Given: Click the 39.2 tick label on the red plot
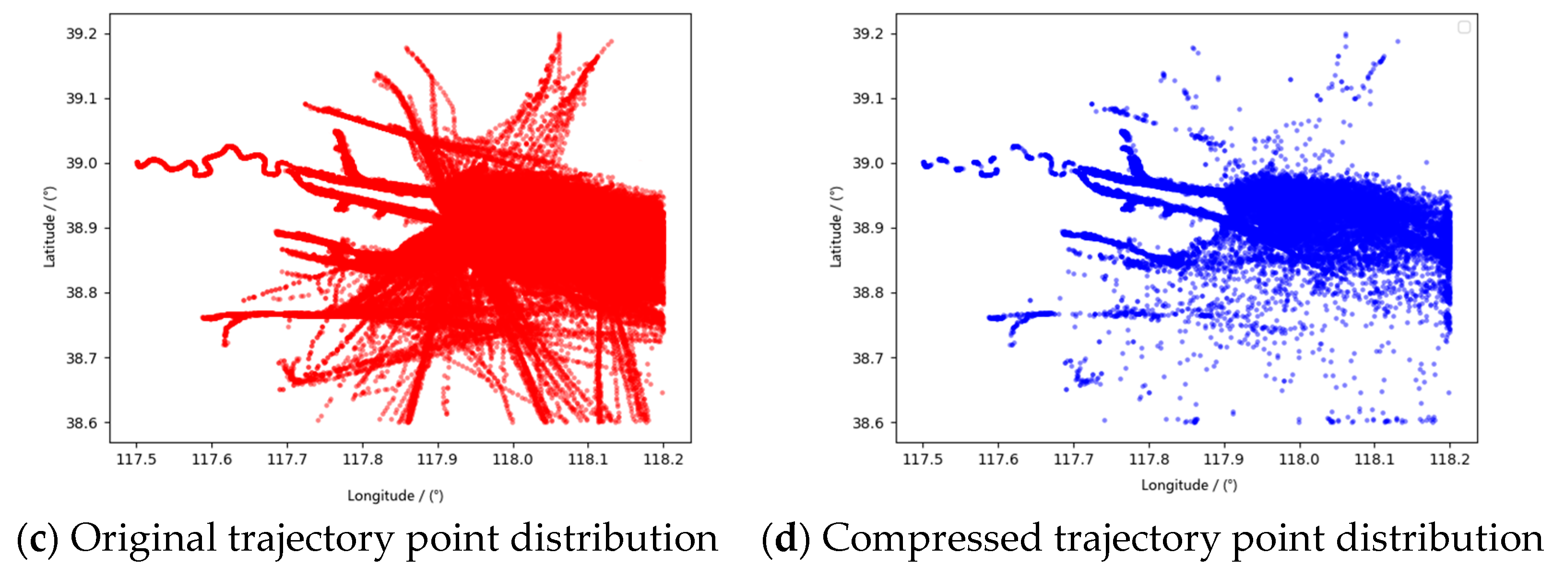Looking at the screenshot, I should pyautogui.click(x=82, y=34).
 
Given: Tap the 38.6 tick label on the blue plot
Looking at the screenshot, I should pyautogui.click(x=867, y=423).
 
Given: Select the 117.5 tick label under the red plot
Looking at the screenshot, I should pyautogui.click(x=136, y=460).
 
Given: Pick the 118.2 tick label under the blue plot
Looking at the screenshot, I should pyautogui.click(x=1449, y=460).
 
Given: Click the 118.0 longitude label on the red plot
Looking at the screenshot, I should pyautogui.click(x=512, y=460).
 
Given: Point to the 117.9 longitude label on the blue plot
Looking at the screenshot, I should pyautogui.click(x=1223, y=460).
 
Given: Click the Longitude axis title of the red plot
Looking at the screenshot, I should pyautogui.click(x=395, y=496).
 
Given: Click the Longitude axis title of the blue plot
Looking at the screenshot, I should pyautogui.click(x=1189, y=485).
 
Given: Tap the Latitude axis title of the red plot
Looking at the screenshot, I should pyautogui.click(x=49, y=227).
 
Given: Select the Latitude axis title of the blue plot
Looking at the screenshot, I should pyautogui.click(x=836, y=227).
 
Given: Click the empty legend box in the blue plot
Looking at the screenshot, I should pyautogui.click(x=1464, y=27).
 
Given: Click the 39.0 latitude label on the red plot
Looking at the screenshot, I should pyautogui.click(x=82, y=163).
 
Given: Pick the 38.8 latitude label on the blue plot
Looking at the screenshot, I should pyautogui.click(x=867, y=293).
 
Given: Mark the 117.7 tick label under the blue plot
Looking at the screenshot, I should pyautogui.click(x=1073, y=460).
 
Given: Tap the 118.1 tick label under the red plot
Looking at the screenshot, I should pyautogui.click(x=588, y=460).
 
